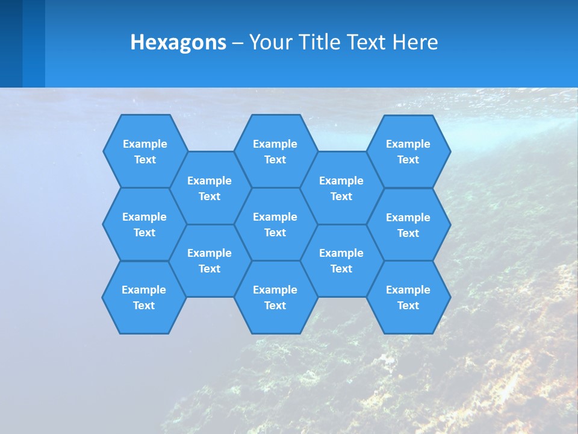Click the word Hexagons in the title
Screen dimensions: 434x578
click(x=178, y=42)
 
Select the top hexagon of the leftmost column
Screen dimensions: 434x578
click(x=144, y=151)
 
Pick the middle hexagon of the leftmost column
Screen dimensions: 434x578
click(x=144, y=224)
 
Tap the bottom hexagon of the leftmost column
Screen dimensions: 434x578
click(x=144, y=297)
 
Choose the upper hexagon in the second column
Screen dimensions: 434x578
click(x=210, y=188)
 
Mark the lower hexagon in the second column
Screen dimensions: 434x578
click(x=210, y=260)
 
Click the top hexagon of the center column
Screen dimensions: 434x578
click(x=275, y=151)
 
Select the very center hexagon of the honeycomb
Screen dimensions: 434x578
click(x=275, y=224)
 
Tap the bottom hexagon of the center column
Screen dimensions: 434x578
click(x=275, y=297)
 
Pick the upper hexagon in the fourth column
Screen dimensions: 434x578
click(x=341, y=188)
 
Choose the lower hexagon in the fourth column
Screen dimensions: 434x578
click(x=341, y=260)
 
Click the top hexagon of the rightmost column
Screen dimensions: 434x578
click(x=408, y=151)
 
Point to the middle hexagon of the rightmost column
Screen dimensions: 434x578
click(x=408, y=225)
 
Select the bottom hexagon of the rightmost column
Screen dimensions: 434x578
click(x=408, y=297)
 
